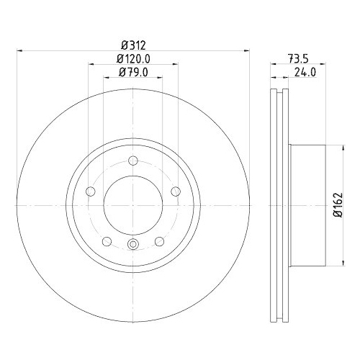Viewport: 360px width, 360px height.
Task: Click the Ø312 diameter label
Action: [133, 45]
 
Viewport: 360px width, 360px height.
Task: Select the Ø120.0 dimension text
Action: [133, 59]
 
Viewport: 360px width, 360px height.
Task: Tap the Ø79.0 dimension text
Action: [133, 72]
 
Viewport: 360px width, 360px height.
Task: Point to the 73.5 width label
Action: [298, 59]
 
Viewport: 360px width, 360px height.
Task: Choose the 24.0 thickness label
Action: [305, 72]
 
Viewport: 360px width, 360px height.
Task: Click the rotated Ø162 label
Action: [338, 204]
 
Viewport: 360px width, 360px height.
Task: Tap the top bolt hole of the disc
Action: [133, 161]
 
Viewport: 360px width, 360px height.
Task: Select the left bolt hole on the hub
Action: [91, 192]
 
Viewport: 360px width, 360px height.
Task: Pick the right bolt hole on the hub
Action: [176, 192]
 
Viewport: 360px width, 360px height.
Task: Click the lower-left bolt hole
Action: [107, 241]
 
